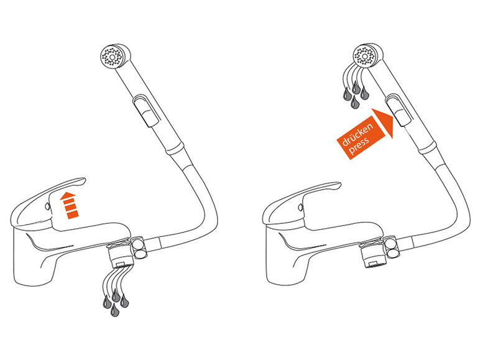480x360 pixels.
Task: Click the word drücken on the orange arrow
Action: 358,134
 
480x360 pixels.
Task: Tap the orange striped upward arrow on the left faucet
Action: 70,205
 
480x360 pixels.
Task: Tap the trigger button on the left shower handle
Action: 147,111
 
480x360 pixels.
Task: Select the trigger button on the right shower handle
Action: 399,109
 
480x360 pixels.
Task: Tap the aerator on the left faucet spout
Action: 120,257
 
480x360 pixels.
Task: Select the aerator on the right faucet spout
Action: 372,255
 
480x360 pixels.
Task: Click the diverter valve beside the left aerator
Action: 139,247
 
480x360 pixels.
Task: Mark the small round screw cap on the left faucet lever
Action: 47,206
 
